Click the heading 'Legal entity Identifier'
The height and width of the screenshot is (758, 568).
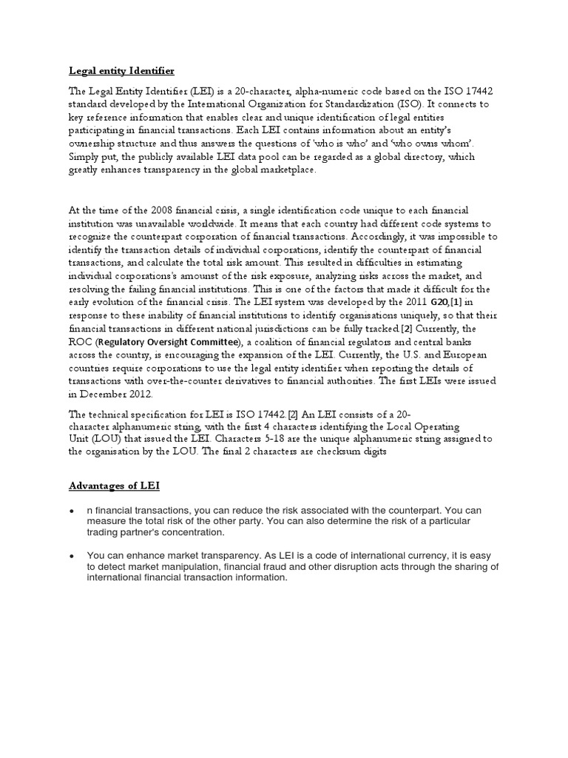[122, 71]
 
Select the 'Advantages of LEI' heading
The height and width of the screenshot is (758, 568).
[114, 485]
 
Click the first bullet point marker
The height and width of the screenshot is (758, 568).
[70, 512]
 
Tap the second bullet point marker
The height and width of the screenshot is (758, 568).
[70, 556]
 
